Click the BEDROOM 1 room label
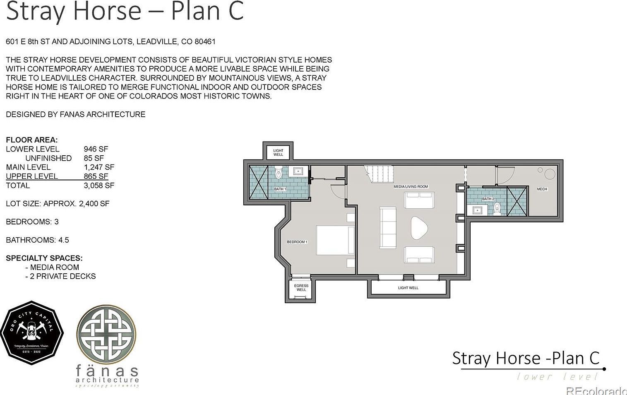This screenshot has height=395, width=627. pyautogui.click(x=297, y=242)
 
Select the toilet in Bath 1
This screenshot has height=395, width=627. pyautogui.click(x=279, y=173)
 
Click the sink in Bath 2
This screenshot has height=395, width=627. pyautogui.click(x=477, y=210)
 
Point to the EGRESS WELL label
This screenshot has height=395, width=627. pyautogui.click(x=301, y=288)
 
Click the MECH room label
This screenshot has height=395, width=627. pyautogui.click(x=542, y=189)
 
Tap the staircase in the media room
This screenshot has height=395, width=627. pyautogui.click(x=378, y=173)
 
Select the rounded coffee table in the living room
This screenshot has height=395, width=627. pyautogui.click(x=419, y=228)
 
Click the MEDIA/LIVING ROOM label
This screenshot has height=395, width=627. pyautogui.click(x=411, y=187)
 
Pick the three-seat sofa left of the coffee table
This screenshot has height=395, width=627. pyautogui.click(x=388, y=228)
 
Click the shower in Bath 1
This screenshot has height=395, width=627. pyautogui.click(x=259, y=182)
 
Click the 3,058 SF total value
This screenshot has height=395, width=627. pyautogui.click(x=99, y=185)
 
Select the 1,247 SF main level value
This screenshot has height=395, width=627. pyautogui.click(x=99, y=167)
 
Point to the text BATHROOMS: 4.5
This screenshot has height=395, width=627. pyautogui.click(x=37, y=240)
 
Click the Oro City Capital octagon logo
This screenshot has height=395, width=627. pyautogui.click(x=32, y=333)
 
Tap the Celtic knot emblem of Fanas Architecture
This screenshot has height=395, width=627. pyautogui.click(x=106, y=335)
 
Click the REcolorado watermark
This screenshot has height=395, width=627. pyautogui.click(x=596, y=390)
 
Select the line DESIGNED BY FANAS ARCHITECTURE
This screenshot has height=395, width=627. pyautogui.click(x=76, y=114)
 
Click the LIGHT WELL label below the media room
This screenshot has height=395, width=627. pyautogui.click(x=408, y=288)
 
